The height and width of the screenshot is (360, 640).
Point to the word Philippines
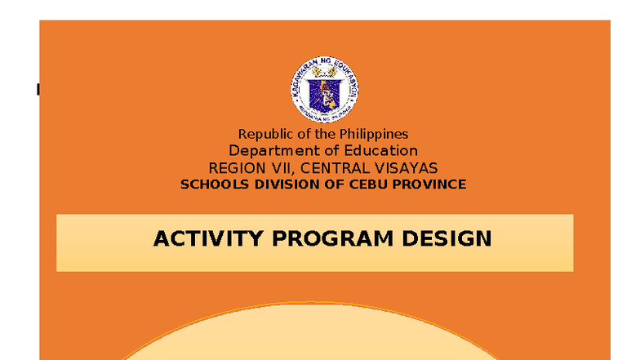(x=372, y=134)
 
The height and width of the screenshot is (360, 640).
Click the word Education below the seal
(x=380, y=151)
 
